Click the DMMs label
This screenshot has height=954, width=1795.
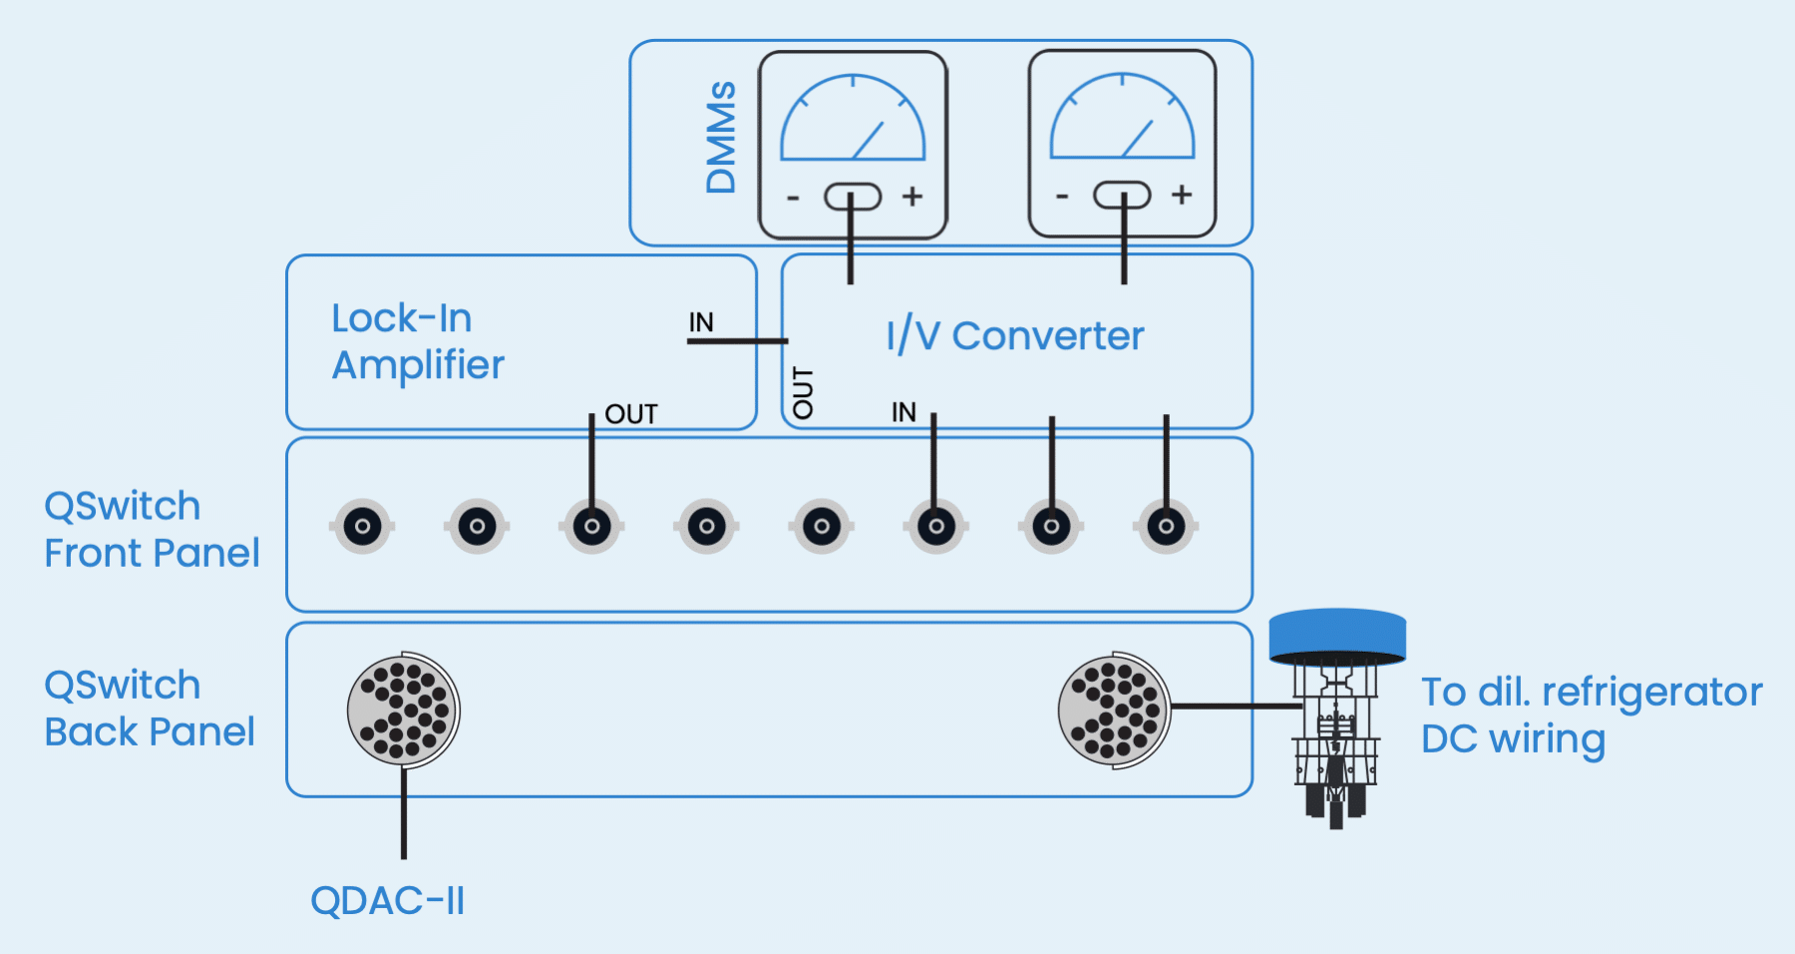point(720,138)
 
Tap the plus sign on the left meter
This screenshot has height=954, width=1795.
point(911,197)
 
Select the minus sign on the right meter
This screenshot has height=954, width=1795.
point(1062,197)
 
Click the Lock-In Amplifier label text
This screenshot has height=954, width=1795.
point(418,341)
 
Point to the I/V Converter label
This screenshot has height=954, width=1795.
point(1014,336)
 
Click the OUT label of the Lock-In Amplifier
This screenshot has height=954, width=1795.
point(631,414)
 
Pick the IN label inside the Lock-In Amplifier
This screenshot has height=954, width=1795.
point(701,322)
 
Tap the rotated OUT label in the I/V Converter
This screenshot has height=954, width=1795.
point(803,392)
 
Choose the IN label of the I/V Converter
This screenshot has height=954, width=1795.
point(903,412)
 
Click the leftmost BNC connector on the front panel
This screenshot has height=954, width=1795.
point(362,526)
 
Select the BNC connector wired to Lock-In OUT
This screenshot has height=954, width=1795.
point(592,526)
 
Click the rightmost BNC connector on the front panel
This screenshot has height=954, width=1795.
point(1166,526)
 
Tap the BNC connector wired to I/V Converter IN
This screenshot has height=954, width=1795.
point(936,526)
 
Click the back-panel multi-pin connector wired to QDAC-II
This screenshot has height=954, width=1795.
point(403,710)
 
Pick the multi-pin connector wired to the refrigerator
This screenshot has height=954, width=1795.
point(1114,711)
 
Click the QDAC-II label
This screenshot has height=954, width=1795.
point(387,901)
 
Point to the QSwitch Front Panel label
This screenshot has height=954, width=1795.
point(152,530)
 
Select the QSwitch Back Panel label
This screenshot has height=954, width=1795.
point(150,709)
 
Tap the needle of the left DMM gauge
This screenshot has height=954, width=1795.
point(868,141)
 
